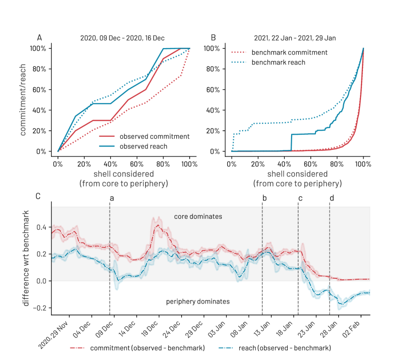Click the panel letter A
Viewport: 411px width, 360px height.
[40, 38]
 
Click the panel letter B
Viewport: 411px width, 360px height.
[213, 38]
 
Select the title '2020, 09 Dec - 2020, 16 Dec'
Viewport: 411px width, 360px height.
[122, 38]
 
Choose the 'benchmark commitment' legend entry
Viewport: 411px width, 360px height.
[289, 52]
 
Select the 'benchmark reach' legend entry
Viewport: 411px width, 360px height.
[278, 62]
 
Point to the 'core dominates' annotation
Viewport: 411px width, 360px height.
[198, 217]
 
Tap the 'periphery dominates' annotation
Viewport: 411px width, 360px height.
[198, 301]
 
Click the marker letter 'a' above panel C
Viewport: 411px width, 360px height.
[111, 198]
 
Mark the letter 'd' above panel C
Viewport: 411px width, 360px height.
[332, 198]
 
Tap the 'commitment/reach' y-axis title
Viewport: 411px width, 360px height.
[23, 100]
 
